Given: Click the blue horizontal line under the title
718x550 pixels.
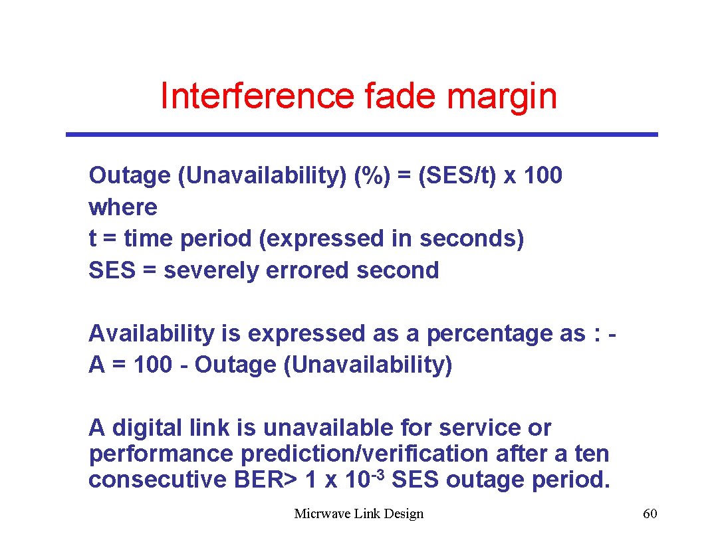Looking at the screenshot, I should pos(362,134).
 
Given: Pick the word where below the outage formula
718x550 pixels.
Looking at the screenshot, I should pos(123,207).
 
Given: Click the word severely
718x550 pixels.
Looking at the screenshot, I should pos(211,270).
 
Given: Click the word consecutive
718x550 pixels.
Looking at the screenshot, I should pos(158,480).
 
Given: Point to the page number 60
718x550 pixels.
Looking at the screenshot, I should pos(650,513).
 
